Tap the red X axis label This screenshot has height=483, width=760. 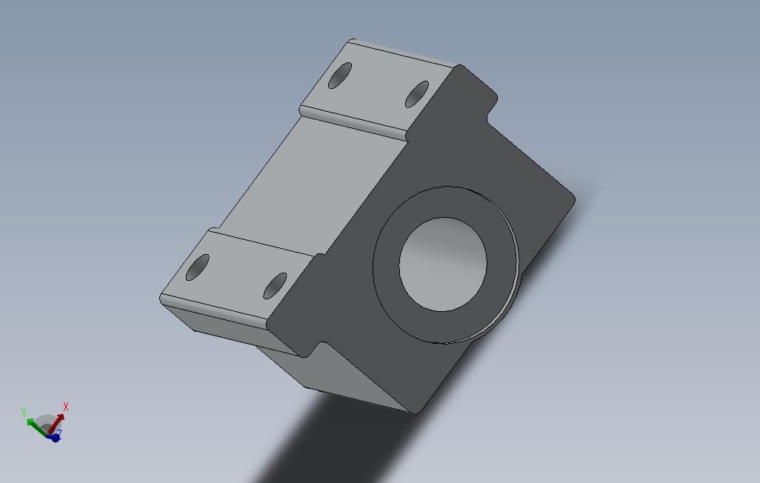(66, 407)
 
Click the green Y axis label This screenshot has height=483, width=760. (24, 412)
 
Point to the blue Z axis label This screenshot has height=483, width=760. (59, 433)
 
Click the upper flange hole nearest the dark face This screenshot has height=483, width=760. (417, 94)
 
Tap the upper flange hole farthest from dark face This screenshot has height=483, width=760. (340, 75)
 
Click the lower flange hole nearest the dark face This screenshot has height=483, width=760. (275, 285)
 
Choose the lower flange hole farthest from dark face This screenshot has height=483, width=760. (198, 267)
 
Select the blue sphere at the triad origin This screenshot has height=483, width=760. (55, 437)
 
